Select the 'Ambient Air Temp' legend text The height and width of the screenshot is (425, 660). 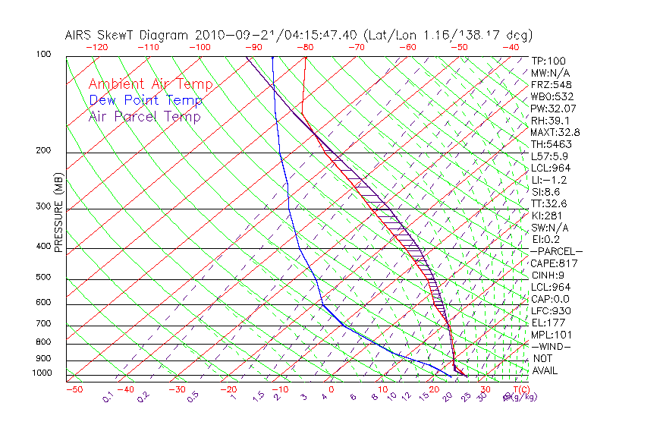point(150,84)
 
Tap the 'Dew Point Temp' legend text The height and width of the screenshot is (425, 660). point(146,100)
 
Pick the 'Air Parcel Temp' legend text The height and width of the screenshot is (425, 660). point(144,116)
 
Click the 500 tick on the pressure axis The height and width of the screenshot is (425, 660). point(43,278)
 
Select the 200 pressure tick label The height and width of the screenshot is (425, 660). point(43,150)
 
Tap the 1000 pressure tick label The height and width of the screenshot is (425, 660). point(41,373)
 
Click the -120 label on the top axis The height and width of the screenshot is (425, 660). point(96,47)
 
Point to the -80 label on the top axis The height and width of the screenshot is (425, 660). point(305,47)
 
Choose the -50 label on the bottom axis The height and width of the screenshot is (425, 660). point(74,389)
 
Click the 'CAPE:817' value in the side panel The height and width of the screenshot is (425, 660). point(554,263)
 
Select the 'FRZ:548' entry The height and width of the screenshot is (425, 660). point(551,84)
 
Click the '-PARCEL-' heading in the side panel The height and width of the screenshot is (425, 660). point(556,251)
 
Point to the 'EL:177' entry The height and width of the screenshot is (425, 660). point(548,323)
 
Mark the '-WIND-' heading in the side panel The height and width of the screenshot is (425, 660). point(551,346)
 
